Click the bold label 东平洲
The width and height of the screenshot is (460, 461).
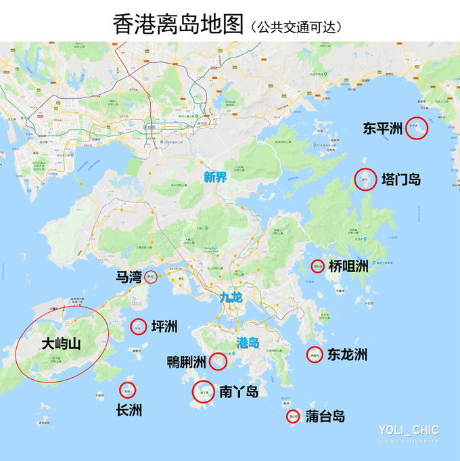pyautogui.click(x=382, y=129)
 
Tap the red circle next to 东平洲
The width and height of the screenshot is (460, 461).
pyautogui.click(x=417, y=127)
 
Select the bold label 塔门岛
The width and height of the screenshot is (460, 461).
pyautogui.click(x=401, y=179)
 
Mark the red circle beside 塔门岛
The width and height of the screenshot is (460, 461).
pyautogui.click(x=365, y=179)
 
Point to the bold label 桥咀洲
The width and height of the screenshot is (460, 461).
pyautogui.click(x=349, y=267)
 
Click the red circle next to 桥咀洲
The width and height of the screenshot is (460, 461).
pyautogui.click(x=317, y=266)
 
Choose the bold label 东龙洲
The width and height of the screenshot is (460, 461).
pyautogui.click(x=347, y=354)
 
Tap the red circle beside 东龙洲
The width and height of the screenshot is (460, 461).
pyautogui.click(x=314, y=353)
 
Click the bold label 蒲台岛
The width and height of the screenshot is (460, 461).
pyautogui.click(x=325, y=416)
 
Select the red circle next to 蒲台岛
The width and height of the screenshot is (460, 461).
pyautogui.click(x=293, y=416)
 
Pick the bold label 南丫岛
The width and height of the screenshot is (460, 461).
pyautogui.click(x=239, y=391)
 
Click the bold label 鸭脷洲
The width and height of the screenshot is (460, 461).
pyautogui.click(x=186, y=363)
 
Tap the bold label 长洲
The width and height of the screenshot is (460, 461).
pyautogui.click(x=129, y=410)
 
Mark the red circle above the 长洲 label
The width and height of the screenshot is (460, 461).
pyautogui.click(x=127, y=389)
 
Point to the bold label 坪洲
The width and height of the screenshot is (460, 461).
pyautogui.click(x=164, y=327)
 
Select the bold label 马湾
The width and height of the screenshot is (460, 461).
pyautogui.click(x=129, y=277)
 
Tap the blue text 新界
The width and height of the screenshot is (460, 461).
pyautogui.click(x=216, y=178)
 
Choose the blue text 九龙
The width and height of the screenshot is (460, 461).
pyautogui.click(x=231, y=297)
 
